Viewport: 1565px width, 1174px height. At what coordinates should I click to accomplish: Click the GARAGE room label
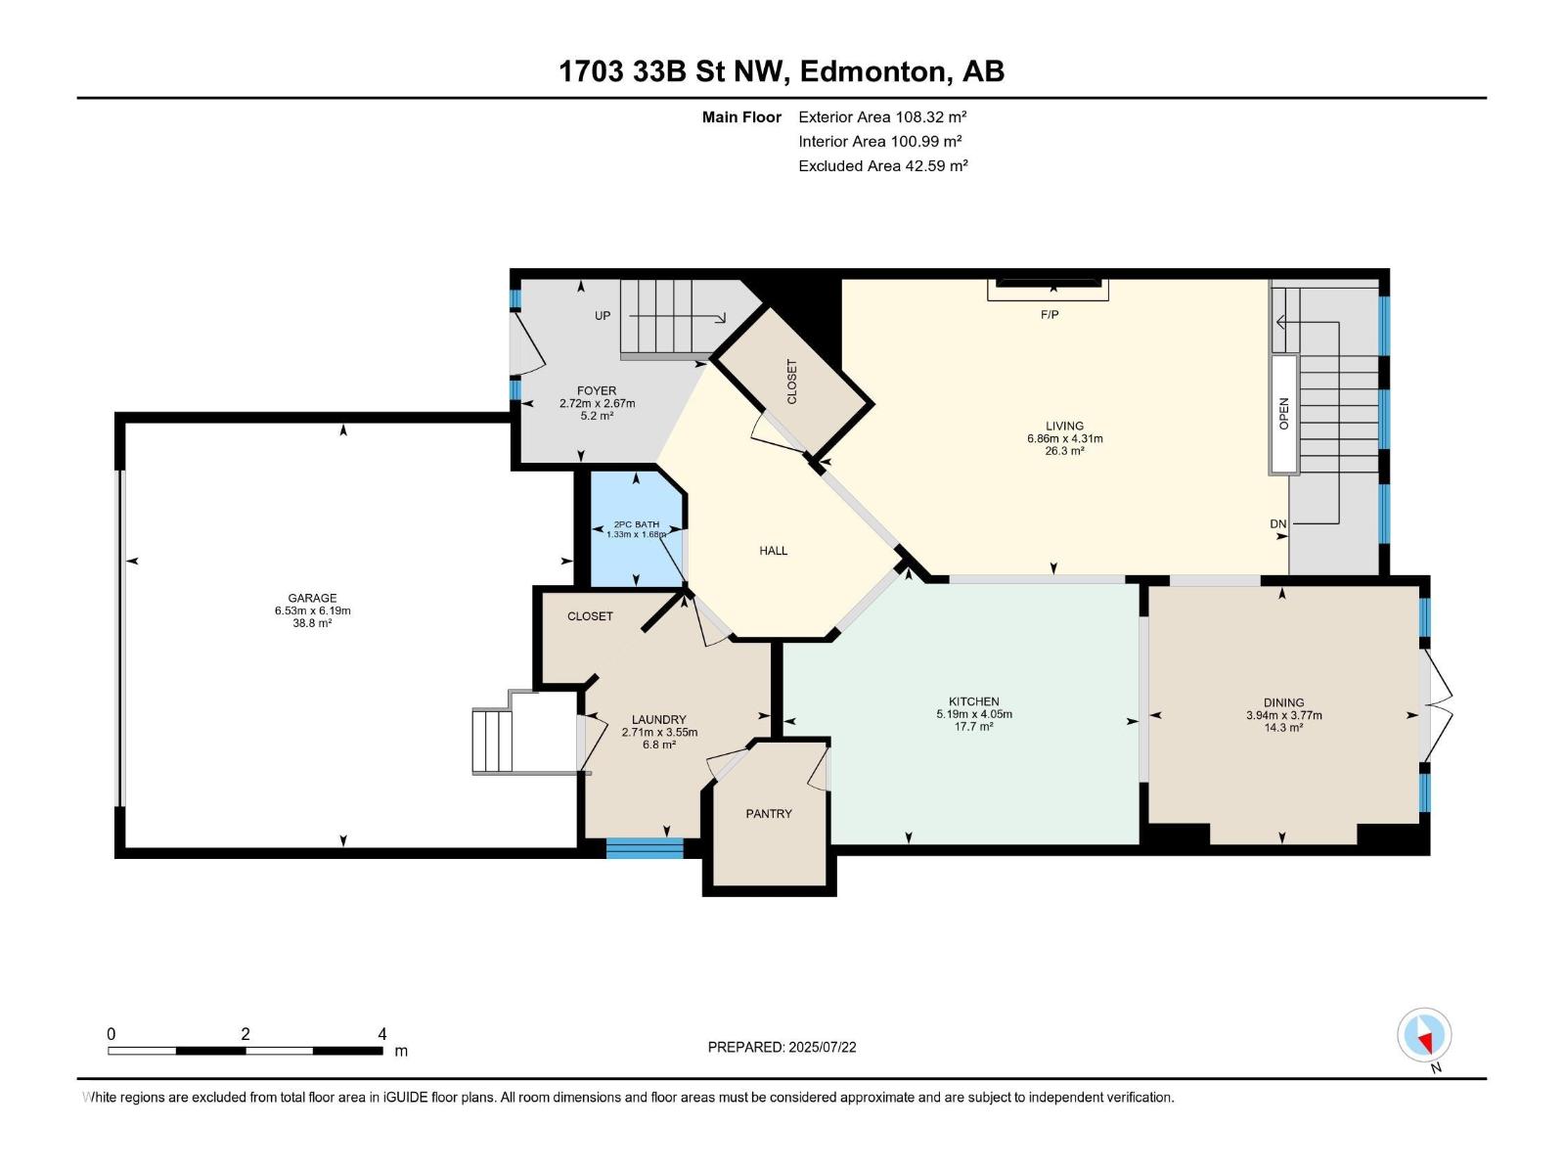click(x=312, y=598)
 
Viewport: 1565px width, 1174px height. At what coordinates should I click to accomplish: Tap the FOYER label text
click(x=597, y=390)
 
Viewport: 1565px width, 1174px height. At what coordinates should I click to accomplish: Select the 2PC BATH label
click(x=637, y=524)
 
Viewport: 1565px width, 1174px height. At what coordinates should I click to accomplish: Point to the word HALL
click(x=774, y=550)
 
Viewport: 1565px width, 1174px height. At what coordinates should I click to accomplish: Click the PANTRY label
click(x=769, y=813)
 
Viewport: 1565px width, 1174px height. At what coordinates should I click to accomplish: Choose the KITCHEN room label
click(x=974, y=701)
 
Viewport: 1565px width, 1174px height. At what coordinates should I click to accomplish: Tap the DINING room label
click(x=1284, y=702)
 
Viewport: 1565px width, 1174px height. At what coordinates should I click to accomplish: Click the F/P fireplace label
click(x=1050, y=314)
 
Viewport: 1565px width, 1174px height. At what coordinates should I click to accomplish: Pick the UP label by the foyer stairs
click(x=603, y=315)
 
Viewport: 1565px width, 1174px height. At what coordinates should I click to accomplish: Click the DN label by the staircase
click(x=1278, y=524)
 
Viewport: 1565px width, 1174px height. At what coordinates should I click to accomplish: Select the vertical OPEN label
click(x=1284, y=414)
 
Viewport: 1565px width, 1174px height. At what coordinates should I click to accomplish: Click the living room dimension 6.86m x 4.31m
click(x=1064, y=438)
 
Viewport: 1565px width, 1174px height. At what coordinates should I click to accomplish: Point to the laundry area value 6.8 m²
click(x=659, y=745)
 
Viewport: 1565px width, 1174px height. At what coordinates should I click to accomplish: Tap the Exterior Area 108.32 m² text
click(x=882, y=116)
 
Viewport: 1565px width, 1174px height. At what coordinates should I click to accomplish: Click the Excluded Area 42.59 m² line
click(x=883, y=166)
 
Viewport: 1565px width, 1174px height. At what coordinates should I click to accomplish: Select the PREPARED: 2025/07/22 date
click(x=782, y=1047)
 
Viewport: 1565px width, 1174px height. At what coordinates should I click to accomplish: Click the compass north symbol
click(x=1424, y=1035)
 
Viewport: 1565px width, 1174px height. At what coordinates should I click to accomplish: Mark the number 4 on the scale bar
click(x=382, y=1033)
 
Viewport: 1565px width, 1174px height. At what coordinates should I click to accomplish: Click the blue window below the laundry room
click(x=645, y=848)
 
